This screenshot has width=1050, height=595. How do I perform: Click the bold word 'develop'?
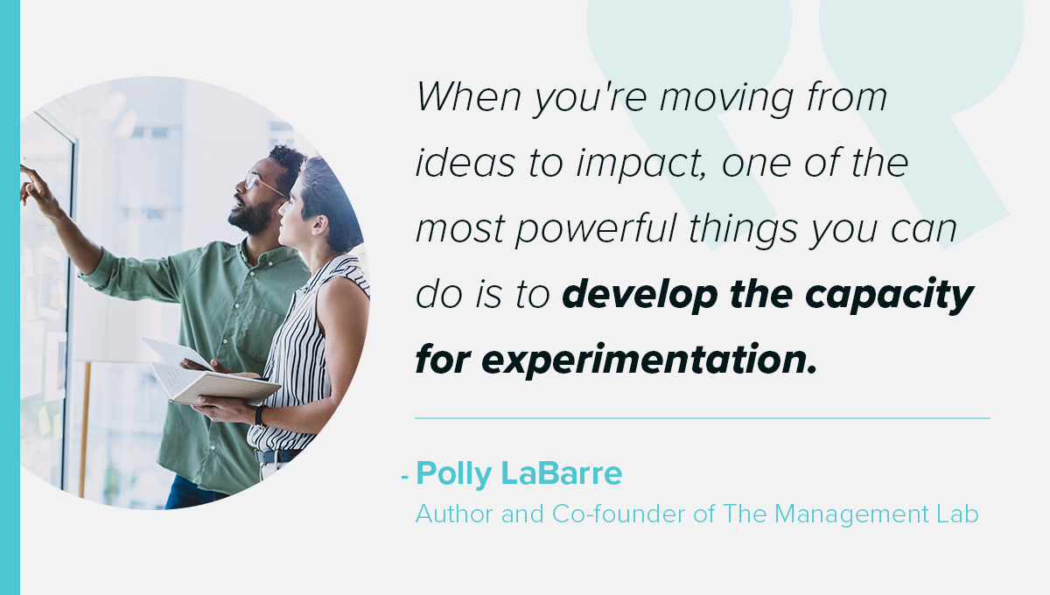pyautogui.click(x=640, y=297)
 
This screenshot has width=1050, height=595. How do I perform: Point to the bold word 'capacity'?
pyautogui.click(x=890, y=297)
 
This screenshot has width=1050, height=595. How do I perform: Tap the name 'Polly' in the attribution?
pyautogui.click(x=453, y=474)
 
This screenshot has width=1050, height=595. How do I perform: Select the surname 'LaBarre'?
pyautogui.click(x=562, y=473)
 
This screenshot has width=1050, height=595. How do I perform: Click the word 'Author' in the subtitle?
pyautogui.click(x=454, y=514)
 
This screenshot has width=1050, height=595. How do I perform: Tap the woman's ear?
pyautogui.click(x=320, y=225)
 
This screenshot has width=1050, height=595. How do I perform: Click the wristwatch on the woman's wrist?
pyautogui.click(x=260, y=416)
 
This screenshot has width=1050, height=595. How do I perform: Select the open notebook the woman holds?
pyautogui.click(x=213, y=382)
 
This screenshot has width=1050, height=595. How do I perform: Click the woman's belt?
pyautogui.click(x=277, y=456)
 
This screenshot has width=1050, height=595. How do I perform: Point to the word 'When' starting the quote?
pyautogui.click(x=469, y=96)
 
